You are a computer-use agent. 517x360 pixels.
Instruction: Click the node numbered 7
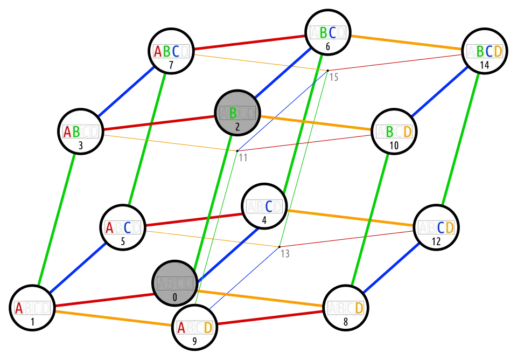(x=171, y=52)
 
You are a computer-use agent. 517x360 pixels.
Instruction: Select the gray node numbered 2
(x=237, y=114)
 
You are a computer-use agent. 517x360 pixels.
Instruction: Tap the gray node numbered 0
(x=174, y=284)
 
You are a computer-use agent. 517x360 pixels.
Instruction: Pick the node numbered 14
(x=485, y=52)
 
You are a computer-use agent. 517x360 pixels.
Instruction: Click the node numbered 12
(x=436, y=228)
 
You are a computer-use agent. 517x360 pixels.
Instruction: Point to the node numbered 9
(x=194, y=328)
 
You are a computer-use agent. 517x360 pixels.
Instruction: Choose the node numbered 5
(x=123, y=228)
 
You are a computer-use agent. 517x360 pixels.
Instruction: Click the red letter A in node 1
(x=19, y=308)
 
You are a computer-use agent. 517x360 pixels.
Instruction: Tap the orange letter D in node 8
(x=359, y=308)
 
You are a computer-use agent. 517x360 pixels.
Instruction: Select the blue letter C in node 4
(x=269, y=206)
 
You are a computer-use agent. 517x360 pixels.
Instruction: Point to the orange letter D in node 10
(x=407, y=131)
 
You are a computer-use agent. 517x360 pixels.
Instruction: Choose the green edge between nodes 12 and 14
(x=461, y=139)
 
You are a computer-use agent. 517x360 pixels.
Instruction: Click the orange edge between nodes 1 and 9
(x=113, y=318)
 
